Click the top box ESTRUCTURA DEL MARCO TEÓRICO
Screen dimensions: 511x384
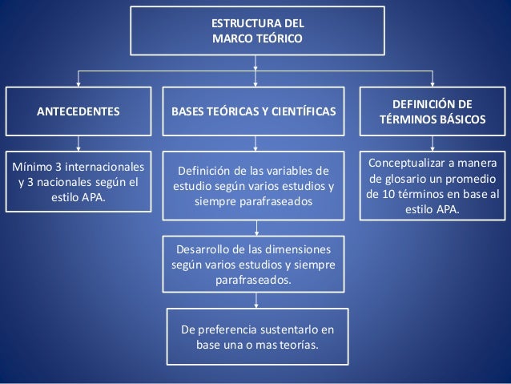tap(256, 30)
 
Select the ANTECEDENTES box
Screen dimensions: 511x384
tap(78, 111)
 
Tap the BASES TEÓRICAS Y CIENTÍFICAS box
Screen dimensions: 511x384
tap(254, 111)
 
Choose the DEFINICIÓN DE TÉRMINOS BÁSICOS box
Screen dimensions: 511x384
tap(433, 111)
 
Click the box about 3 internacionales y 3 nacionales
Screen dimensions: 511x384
tap(78, 180)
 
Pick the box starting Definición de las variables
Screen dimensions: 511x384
tap(254, 185)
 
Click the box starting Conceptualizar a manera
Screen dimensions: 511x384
tap(433, 185)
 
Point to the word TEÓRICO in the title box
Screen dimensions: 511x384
tap(280, 38)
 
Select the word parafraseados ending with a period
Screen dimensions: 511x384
tap(254, 281)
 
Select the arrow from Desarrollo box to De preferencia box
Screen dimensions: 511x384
tap(256, 300)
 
